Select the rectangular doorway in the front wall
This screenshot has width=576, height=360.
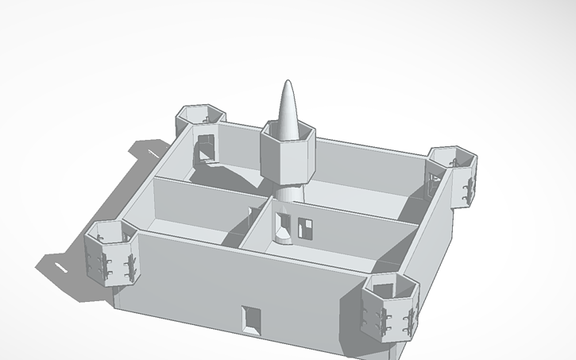252,318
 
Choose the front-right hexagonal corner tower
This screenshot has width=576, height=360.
390,306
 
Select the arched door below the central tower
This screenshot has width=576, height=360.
283,228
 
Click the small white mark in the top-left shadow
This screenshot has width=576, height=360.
152,152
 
